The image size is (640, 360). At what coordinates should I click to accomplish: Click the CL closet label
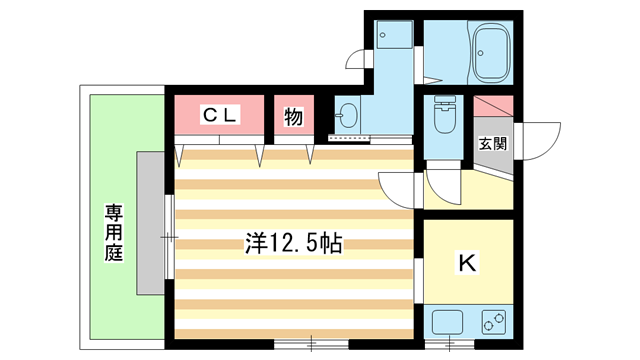pos(221,116)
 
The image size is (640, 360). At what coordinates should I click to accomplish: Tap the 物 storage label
pos(293,116)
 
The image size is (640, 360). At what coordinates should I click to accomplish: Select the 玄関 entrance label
pos(493,143)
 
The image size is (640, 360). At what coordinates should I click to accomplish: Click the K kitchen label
pos(466,263)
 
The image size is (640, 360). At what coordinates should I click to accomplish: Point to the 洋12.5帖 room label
pos(294,243)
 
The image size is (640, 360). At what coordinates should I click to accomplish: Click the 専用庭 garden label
pos(113,232)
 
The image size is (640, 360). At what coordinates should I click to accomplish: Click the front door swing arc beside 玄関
pos(541,140)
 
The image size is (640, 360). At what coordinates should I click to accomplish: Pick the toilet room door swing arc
pos(440,180)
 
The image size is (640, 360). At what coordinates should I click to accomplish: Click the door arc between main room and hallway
pos(398,188)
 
